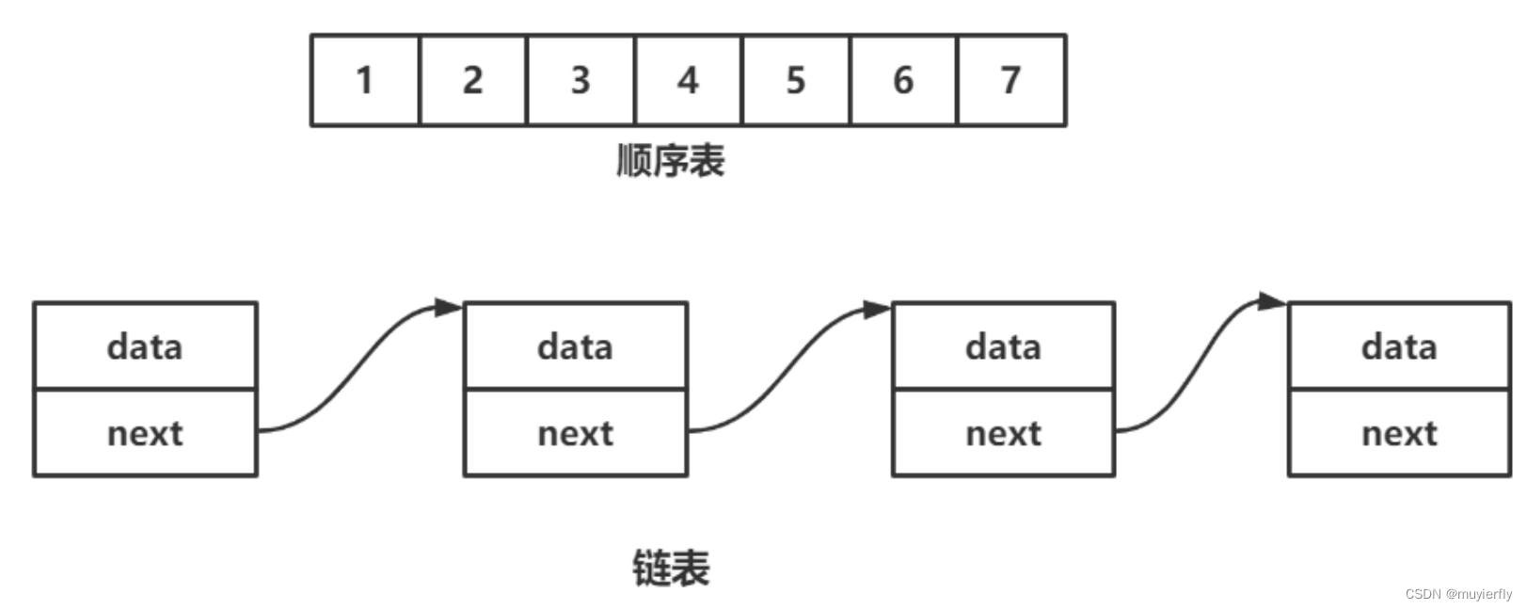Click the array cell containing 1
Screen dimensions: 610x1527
(x=365, y=81)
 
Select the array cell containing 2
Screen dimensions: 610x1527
(x=472, y=81)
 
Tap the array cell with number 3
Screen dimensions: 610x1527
(x=581, y=81)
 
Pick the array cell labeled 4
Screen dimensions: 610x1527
(x=688, y=81)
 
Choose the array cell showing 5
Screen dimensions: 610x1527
(x=795, y=81)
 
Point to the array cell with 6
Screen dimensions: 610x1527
(x=903, y=81)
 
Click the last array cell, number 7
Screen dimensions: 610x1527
(x=1011, y=81)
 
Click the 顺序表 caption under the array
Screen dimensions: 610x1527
(x=670, y=161)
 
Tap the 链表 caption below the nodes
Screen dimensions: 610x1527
(x=670, y=569)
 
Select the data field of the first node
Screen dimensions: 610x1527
(x=145, y=346)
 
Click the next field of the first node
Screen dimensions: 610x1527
(x=145, y=433)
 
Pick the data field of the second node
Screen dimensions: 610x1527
(x=575, y=346)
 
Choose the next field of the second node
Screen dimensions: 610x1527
(x=575, y=433)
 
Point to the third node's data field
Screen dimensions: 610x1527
(x=1003, y=346)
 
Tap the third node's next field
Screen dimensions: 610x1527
(x=1003, y=433)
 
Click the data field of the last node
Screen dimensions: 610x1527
(x=1399, y=346)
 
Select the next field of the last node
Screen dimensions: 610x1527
(x=1399, y=433)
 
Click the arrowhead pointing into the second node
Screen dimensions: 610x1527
(x=449, y=308)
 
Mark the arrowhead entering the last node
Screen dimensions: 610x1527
(x=1273, y=302)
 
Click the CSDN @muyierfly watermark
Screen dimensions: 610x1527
(x=1458, y=594)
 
